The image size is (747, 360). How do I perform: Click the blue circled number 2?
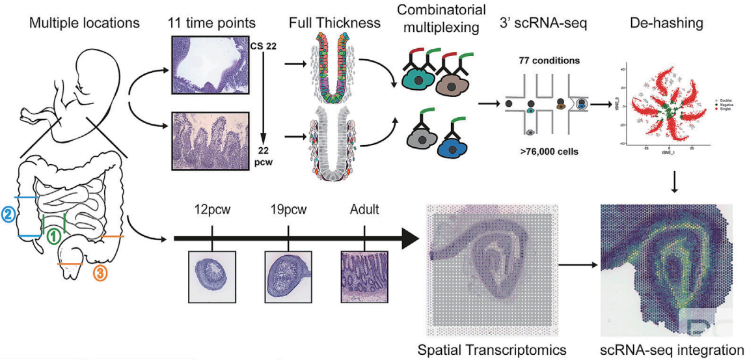8,214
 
